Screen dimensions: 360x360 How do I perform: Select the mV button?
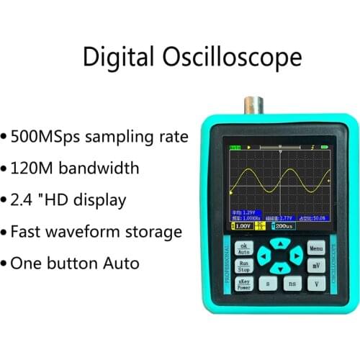[x=316, y=266]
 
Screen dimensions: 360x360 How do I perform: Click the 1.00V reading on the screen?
[x=242, y=226]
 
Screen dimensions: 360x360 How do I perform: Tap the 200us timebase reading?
[x=283, y=226]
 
